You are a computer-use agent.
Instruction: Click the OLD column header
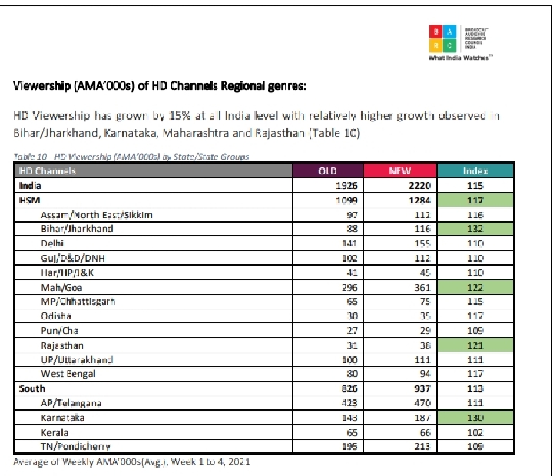[327, 170]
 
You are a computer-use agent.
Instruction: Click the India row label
[31, 185]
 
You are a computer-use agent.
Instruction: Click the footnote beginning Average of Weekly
[131, 462]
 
